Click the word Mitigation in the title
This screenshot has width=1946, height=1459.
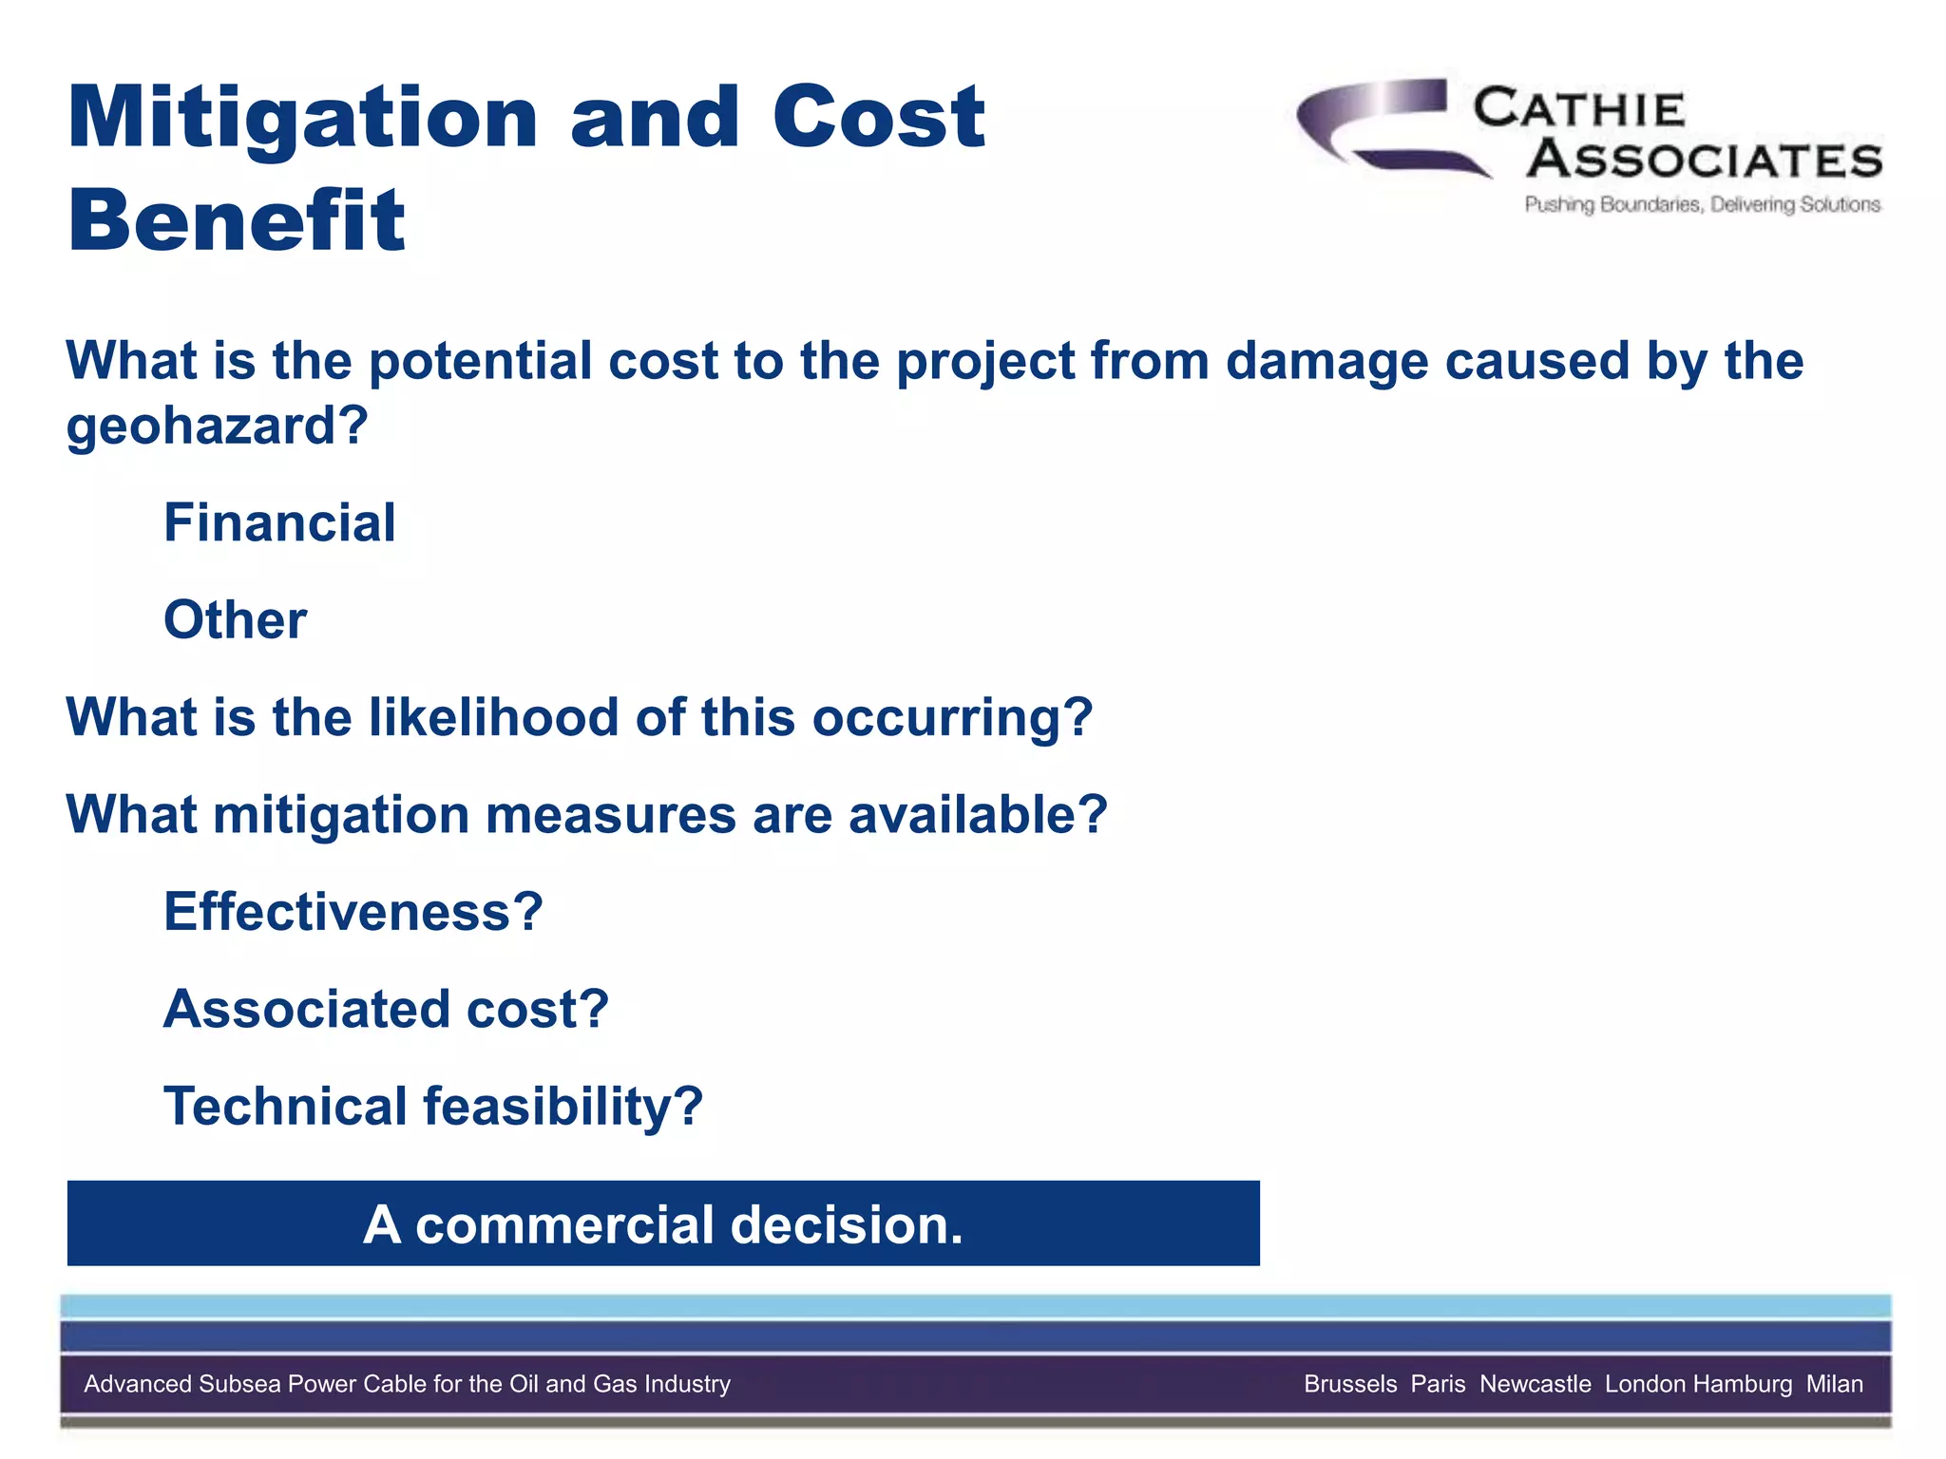pyautogui.click(x=302, y=120)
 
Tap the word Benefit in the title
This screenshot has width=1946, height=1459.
pyautogui.click(x=237, y=220)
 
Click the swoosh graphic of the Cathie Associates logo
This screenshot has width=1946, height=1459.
pyautogui.click(x=1378, y=128)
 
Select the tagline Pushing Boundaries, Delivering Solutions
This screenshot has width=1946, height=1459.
pyautogui.click(x=1702, y=204)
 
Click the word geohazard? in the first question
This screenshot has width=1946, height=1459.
pyautogui.click(x=217, y=426)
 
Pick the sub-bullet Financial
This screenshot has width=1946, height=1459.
pyautogui.click(x=279, y=522)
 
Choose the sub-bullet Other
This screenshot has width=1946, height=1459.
pyautogui.click(x=235, y=620)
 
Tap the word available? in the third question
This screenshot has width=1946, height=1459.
pyautogui.click(x=978, y=815)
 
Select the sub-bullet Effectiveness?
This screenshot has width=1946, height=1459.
pyautogui.click(x=353, y=912)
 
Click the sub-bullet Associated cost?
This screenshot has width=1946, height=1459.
pyautogui.click(x=386, y=1009)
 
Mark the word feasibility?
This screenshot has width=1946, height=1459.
pyautogui.click(x=563, y=1107)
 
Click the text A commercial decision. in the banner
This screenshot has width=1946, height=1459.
pyautogui.click(x=663, y=1224)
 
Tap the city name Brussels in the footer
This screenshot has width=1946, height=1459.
pyautogui.click(x=1350, y=1384)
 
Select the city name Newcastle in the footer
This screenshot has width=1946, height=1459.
pyautogui.click(x=1535, y=1384)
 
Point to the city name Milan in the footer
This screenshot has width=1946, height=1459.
pyautogui.click(x=1834, y=1384)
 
